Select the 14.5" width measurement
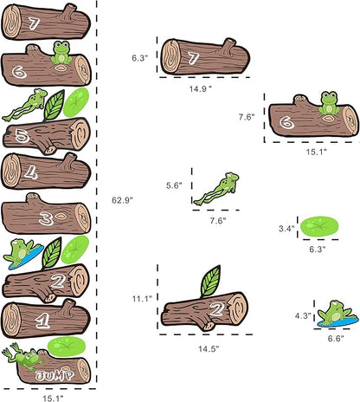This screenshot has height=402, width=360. tap(205, 347)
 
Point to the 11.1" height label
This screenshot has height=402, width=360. tap(142, 299)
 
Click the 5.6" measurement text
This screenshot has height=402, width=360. tap(176, 185)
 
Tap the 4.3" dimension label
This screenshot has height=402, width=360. tap(302, 316)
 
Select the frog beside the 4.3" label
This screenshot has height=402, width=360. tap(332, 312)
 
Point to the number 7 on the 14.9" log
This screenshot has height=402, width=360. tap(194, 58)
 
